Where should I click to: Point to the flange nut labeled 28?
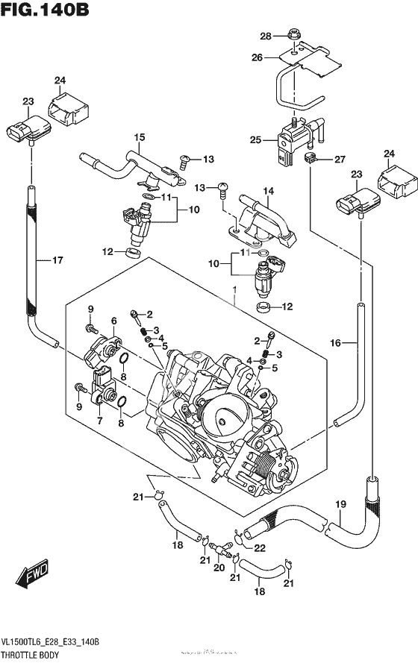293,34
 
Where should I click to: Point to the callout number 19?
340,504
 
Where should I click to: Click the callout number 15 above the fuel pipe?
139,137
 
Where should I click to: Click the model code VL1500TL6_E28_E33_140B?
51,641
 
